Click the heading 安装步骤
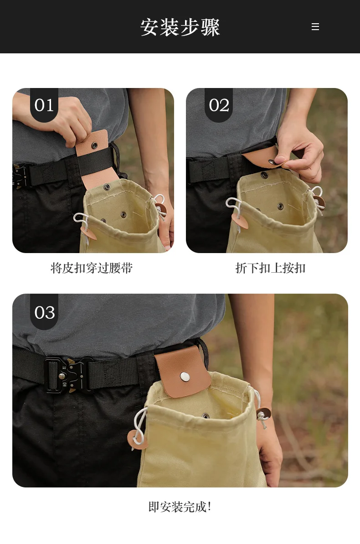[180, 27]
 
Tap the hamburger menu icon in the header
[315, 27]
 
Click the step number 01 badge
[44, 105]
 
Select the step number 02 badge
[219, 105]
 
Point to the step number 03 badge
[44, 312]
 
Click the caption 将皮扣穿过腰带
[92, 268]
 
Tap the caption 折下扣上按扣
[270, 268]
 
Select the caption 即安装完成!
[180, 507]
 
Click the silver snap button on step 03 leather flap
[185, 377]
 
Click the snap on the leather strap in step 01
[94, 145]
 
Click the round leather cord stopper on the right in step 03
[263, 414]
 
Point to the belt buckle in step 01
[22, 176]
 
